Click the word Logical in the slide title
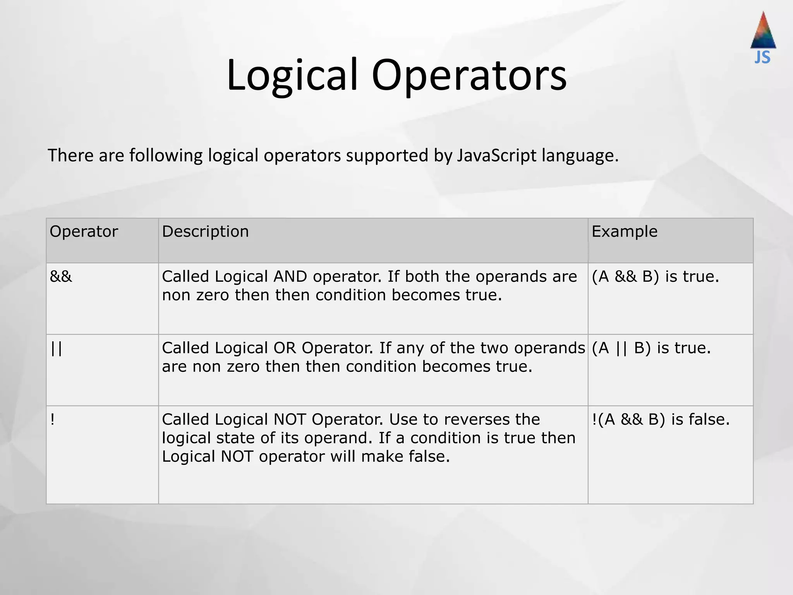292,76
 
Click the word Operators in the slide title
469,76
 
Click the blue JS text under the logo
762,57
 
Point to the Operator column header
84,232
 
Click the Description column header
205,232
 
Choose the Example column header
624,232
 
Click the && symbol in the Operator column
61,277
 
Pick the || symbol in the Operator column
56,348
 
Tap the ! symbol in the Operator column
52,420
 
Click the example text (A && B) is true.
655,277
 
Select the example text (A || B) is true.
651,348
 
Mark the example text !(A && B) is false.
661,420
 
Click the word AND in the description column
290,277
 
